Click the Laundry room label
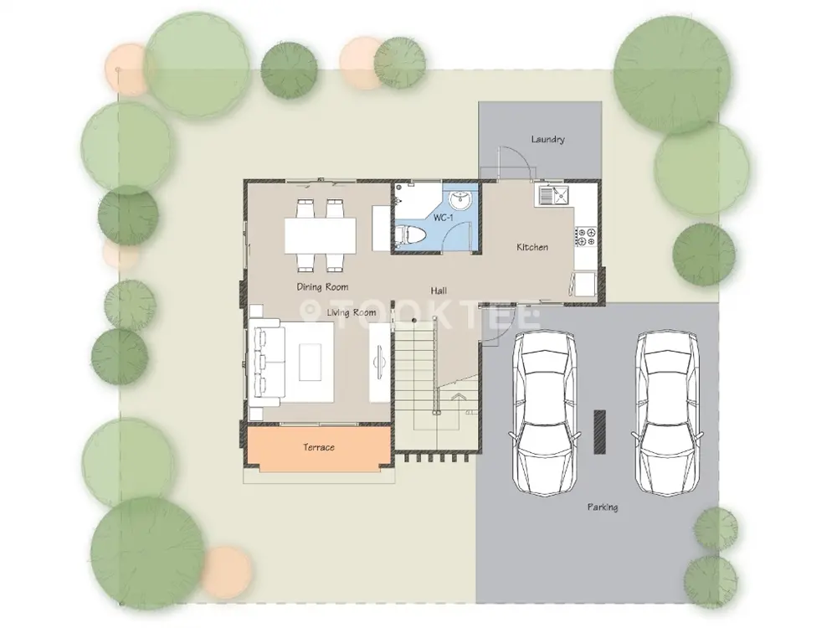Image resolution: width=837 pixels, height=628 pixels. pos(547,139)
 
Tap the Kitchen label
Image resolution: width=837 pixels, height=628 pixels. pos(532,247)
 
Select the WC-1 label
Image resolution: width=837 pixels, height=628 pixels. pos(443,218)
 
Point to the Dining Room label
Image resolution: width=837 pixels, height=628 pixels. pos(322,287)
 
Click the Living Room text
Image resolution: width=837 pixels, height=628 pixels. pos(352,312)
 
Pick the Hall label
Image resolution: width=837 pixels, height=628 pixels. pos(439,291)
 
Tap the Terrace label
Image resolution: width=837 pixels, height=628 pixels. pos(319,447)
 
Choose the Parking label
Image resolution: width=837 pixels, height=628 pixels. pos(603,507)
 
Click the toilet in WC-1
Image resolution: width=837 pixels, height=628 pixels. pos(411,235)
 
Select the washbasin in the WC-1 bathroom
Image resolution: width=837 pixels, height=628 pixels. pos(460,200)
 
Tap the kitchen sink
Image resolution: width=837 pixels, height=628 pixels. pos(553,195)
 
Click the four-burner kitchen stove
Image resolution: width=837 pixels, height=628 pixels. pos(586,237)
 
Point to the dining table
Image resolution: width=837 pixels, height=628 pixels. pos(321,235)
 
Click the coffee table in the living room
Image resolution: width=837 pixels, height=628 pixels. pos(311,363)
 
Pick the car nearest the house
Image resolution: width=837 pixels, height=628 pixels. pos(543,413)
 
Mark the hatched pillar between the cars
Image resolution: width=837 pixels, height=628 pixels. pos(600,432)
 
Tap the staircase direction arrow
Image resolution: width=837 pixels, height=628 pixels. pos(458,397)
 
